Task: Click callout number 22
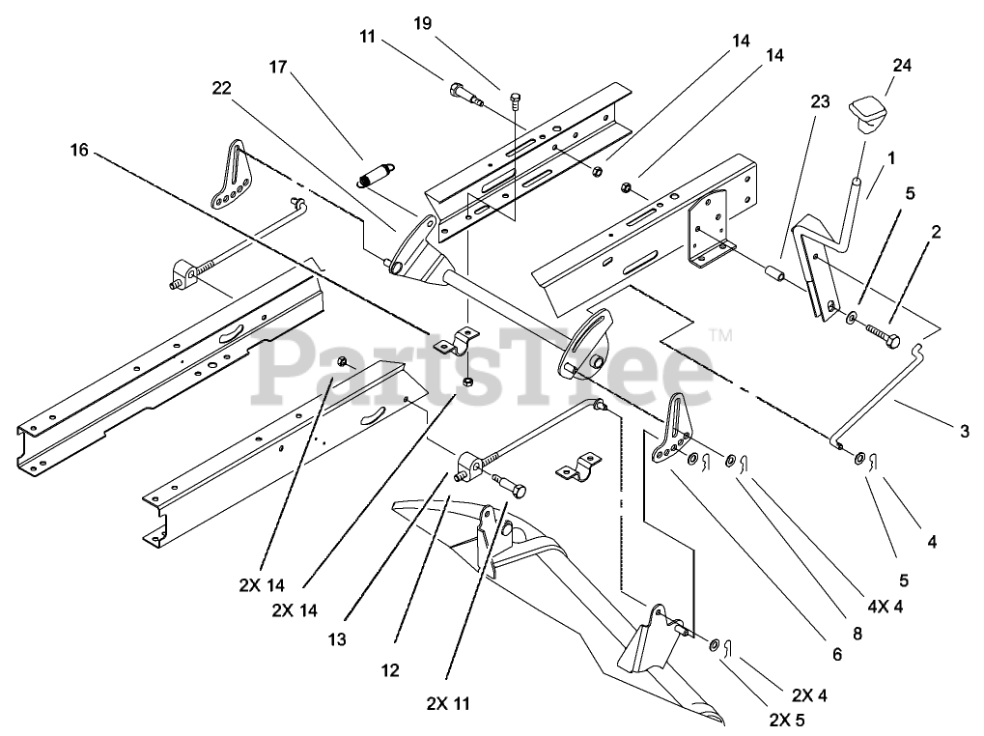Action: pyautogui.click(x=222, y=88)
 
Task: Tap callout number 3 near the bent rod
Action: pyautogui.click(x=965, y=431)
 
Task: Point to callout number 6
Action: pyautogui.click(x=836, y=655)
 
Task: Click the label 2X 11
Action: pyautogui.click(x=451, y=703)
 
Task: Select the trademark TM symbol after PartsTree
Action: pyautogui.click(x=719, y=334)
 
